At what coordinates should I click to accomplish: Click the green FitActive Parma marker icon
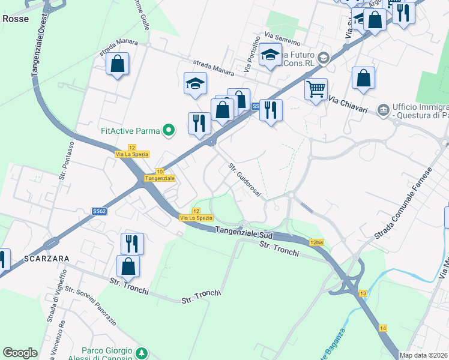click(x=169, y=129)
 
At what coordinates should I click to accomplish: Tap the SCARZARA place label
click(x=47, y=258)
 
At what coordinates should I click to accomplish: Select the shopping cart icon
click(x=316, y=90)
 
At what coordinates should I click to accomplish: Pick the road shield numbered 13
click(x=363, y=293)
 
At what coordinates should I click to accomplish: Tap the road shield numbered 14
click(x=383, y=328)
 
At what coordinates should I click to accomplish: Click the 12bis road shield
click(x=318, y=242)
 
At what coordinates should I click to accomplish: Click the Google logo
click(x=20, y=353)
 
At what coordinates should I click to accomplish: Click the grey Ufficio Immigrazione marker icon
click(x=382, y=110)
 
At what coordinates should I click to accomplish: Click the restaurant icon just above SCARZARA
click(x=132, y=243)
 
